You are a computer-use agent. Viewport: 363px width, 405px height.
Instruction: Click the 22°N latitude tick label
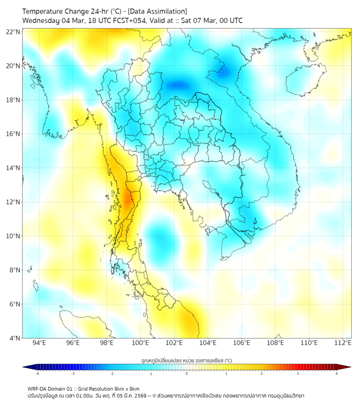pyautogui.click(x=13, y=32)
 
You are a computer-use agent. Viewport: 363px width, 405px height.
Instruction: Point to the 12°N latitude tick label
pyautogui.click(x=13, y=202)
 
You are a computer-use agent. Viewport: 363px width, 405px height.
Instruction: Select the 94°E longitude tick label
pyautogui.click(x=39, y=343)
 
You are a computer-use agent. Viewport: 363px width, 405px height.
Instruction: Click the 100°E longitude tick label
pyautogui.click(x=141, y=343)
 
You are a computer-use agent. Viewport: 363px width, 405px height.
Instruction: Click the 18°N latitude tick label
pyautogui.click(x=13, y=100)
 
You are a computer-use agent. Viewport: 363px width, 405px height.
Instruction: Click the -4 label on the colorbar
pyautogui.click(x=37, y=373)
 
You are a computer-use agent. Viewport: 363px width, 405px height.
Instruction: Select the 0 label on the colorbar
pyautogui.click(x=187, y=373)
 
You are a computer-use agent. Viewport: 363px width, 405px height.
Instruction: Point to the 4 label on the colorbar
pyautogui.click(x=337, y=373)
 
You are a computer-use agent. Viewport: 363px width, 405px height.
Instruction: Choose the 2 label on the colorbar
pyautogui.click(x=262, y=373)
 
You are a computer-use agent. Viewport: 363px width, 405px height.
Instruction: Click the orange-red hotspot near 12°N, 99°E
pyautogui.click(x=128, y=200)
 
